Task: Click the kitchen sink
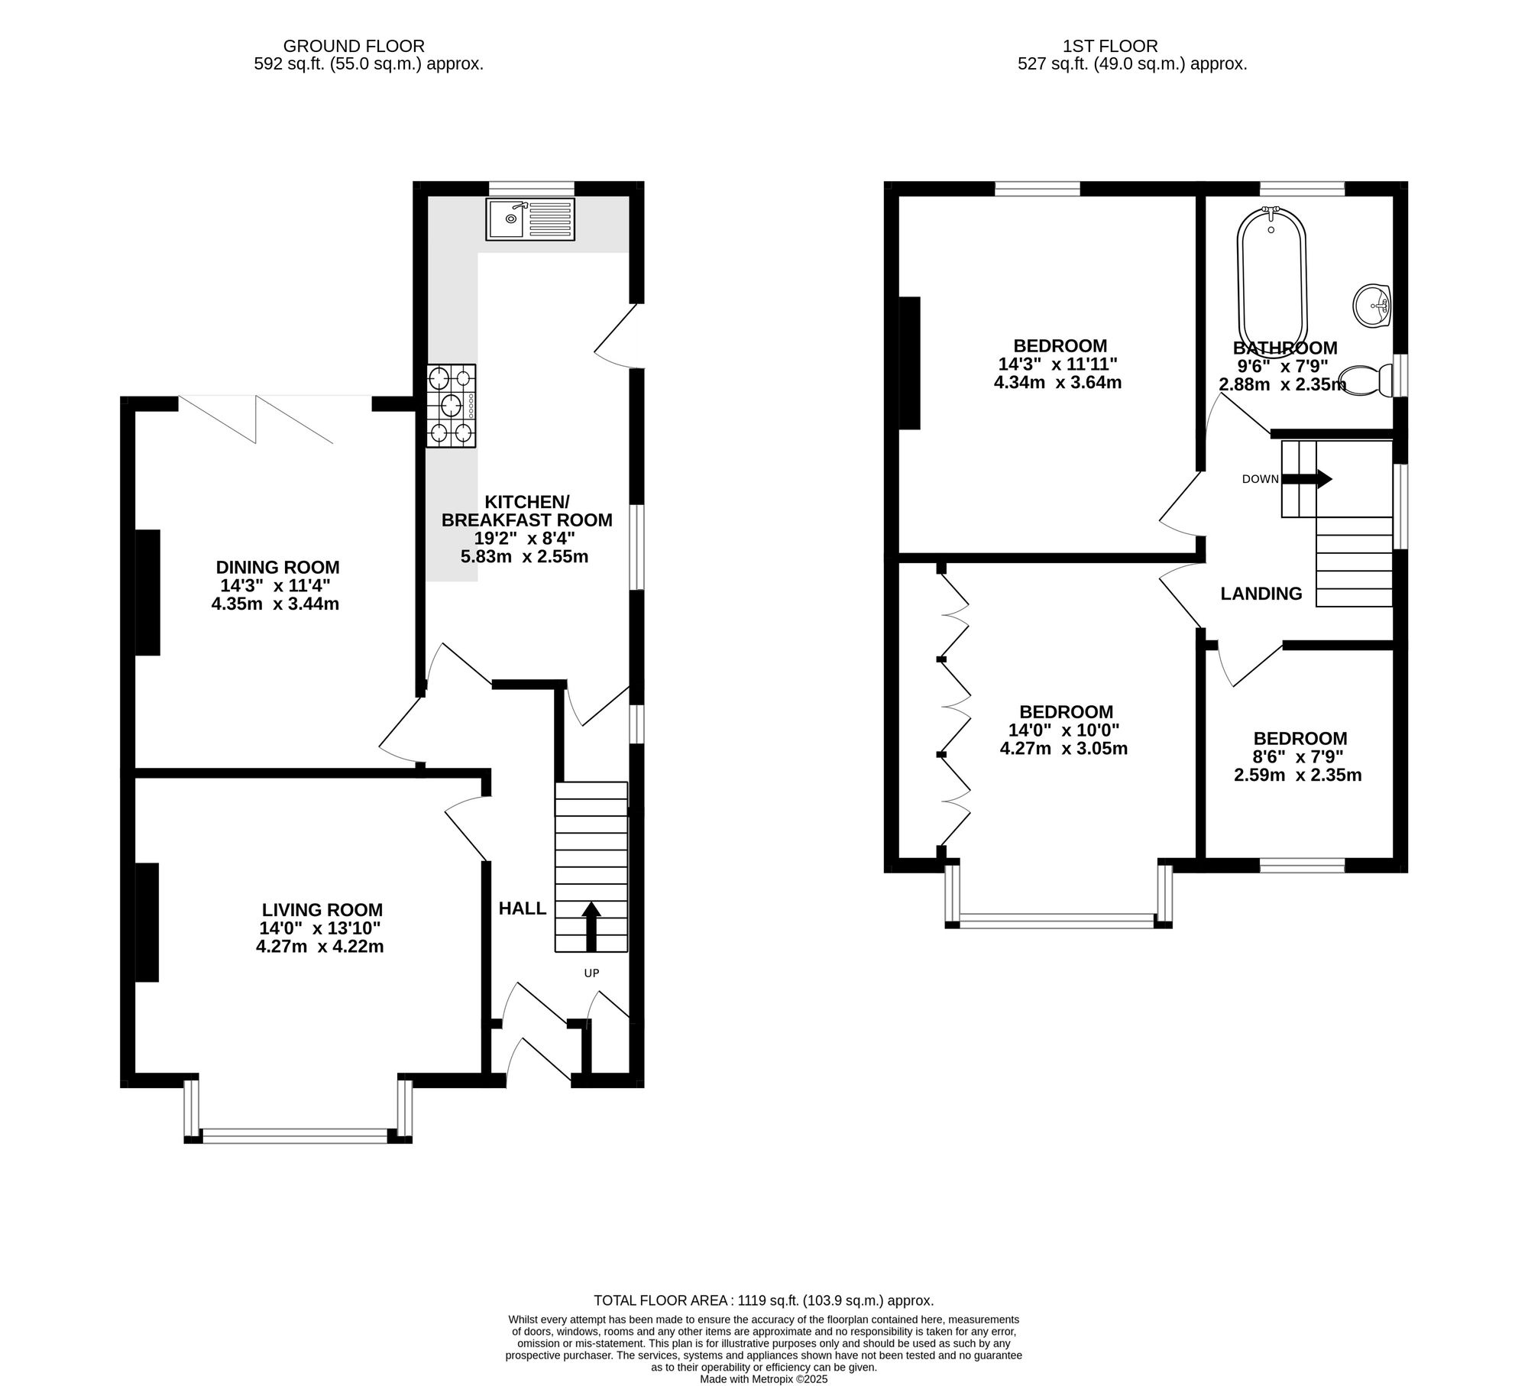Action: pyautogui.click(x=530, y=219)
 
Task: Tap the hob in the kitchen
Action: pyautogui.click(x=452, y=406)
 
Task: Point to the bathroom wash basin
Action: pyautogui.click(x=1372, y=306)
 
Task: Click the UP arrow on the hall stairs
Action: pyautogui.click(x=591, y=926)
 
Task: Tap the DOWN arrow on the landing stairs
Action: pyautogui.click(x=1306, y=479)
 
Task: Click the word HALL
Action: pyautogui.click(x=523, y=908)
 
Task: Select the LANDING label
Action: pyautogui.click(x=1261, y=594)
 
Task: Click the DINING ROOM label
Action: pyautogui.click(x=277, y=568)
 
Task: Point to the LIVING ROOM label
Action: pyautogui.click(x=322, y=910)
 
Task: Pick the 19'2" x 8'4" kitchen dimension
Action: pyautogui.click(x=525, y=538)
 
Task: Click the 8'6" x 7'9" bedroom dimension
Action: pyautogui.click(x=1300, y=757)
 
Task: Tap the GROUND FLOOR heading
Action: pyautogui.click(x=354, y=47)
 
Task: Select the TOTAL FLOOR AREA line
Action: pyautogui.click(x=764, y=1300)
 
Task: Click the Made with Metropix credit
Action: pyautogui.click(x=764, y=1379)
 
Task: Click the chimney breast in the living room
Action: pyautogui.click(x=147, y=922)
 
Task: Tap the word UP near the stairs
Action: pyautogui.click(x=591, y=973)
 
